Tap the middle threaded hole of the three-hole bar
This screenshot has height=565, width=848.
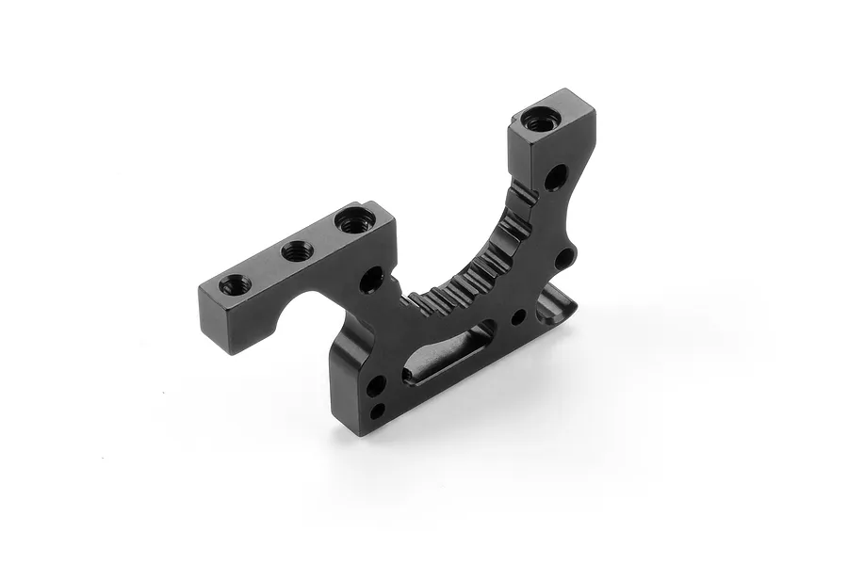click(298, 251)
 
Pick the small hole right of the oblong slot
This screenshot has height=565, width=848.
click(518, 317)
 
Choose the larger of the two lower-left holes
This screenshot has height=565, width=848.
click(376, 386)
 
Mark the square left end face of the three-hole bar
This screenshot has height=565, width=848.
click(214, 319)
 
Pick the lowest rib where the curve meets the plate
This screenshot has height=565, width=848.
click(419, 301)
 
